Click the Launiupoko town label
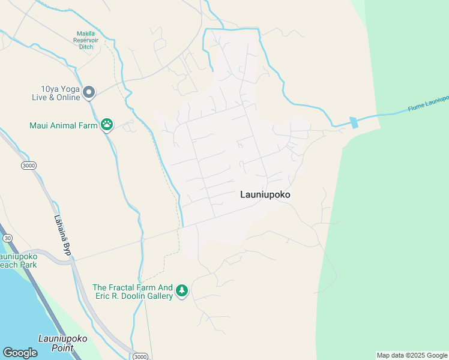tap(265, 194)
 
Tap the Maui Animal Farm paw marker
tap(107, 125)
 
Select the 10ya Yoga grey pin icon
tap(89, 92)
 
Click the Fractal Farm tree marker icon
tap(182, 291)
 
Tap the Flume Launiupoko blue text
tap(428, 103)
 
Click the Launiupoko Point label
tap(62, 343)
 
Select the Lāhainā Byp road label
tap(62, 236)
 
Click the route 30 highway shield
tap(7, 238)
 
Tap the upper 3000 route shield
tap(28, 165)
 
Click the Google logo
tap(20, 352)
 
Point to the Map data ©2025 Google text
tap(412, 356)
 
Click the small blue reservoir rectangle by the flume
tap(354, 122)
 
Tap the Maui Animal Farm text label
tap(64, 126)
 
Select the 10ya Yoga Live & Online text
tap(57, 92)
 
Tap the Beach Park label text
tap(18, 265)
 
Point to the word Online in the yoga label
tap(67, 97)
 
